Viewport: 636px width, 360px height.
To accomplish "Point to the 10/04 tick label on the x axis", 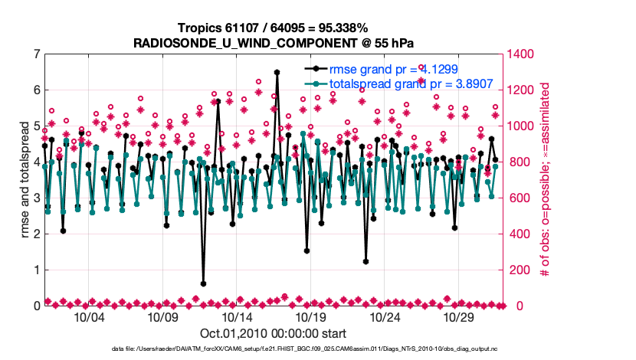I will coord(90,317).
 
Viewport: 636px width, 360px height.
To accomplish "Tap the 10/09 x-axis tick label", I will coord(163,317).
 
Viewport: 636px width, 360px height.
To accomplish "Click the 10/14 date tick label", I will coord(238,317).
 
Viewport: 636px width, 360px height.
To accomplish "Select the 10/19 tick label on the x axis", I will coord(312,317).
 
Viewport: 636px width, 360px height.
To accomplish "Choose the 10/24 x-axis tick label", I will coord(386,317).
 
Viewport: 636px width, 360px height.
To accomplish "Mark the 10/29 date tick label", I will coord(461,317).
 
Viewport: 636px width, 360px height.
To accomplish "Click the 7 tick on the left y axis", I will coord(36,54).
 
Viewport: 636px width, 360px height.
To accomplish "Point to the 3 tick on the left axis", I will coord(36,198).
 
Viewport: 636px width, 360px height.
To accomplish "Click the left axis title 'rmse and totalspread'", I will coord(24,180).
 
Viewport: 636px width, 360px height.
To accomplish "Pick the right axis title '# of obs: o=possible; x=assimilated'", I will coord(546,180).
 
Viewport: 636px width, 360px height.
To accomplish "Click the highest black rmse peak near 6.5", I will coord(277,73).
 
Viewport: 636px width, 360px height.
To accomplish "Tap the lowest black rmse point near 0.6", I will coord(203,283).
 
